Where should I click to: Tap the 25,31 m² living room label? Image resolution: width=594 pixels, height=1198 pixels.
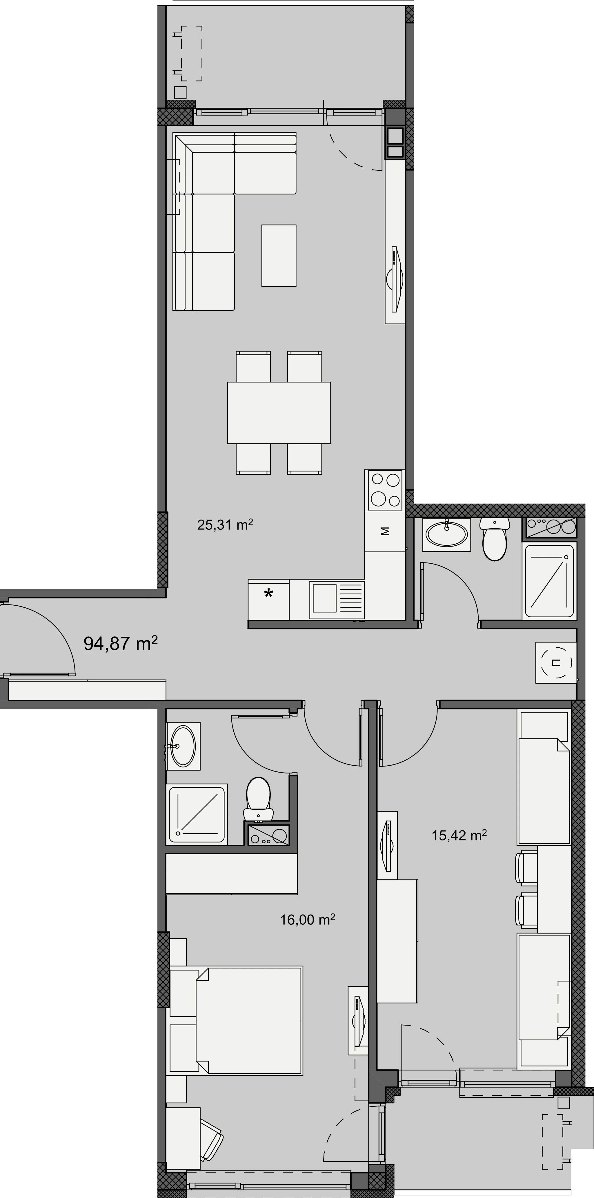click(225, 525)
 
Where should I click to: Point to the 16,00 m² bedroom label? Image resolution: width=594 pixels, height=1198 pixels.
click(308, 920)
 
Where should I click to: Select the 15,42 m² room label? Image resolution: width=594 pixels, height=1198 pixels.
click(459, 836)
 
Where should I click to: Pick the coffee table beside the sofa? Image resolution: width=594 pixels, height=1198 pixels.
click(279, 255)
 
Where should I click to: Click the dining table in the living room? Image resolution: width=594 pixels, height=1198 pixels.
click(279, 412)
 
